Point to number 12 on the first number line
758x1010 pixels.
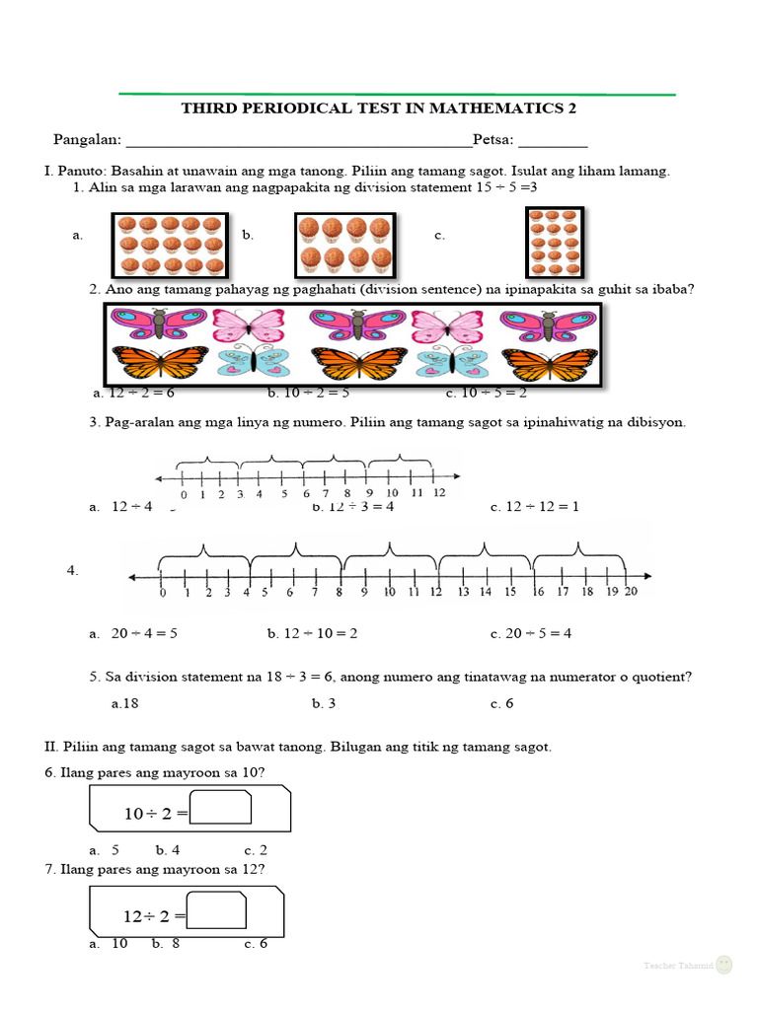point(438,492)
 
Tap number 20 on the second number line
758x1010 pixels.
point(631,592)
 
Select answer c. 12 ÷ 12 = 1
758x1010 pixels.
point(534,507)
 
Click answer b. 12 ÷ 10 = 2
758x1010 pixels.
point(312,633)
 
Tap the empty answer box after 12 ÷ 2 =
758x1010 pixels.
point(216,909)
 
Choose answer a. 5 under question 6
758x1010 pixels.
point(105,849)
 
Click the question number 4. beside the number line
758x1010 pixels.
point(72,570)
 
